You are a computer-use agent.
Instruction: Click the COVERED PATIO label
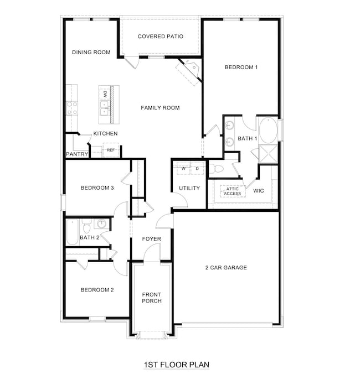point(160,37)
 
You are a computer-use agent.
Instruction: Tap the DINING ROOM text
point(91,53)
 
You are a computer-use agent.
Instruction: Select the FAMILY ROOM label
point(160,108)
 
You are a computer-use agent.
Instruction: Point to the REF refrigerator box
point(111,150)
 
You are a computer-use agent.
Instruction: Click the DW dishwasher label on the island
point(105,93)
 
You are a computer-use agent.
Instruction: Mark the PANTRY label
point(76,154)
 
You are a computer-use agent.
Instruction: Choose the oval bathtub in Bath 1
point(268,131)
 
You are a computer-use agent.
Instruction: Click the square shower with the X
point(269,154)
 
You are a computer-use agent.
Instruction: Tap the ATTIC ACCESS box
point(232,191)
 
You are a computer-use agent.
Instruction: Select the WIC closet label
point(259,191)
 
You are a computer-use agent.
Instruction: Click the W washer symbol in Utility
point(183,168)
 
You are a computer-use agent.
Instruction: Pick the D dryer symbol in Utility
point(197,168)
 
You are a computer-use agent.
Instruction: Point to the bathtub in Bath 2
point(72,232)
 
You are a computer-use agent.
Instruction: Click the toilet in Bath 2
point(86,227)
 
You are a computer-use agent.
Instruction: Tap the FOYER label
point(151,239)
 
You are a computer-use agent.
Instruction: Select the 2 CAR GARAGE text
point(225,268)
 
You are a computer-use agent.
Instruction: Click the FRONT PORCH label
point(151,297)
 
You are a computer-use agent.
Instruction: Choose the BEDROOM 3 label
point(97,188)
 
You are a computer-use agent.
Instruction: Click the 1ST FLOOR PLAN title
point(176,365)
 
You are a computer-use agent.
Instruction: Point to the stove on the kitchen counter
point(72,108)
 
